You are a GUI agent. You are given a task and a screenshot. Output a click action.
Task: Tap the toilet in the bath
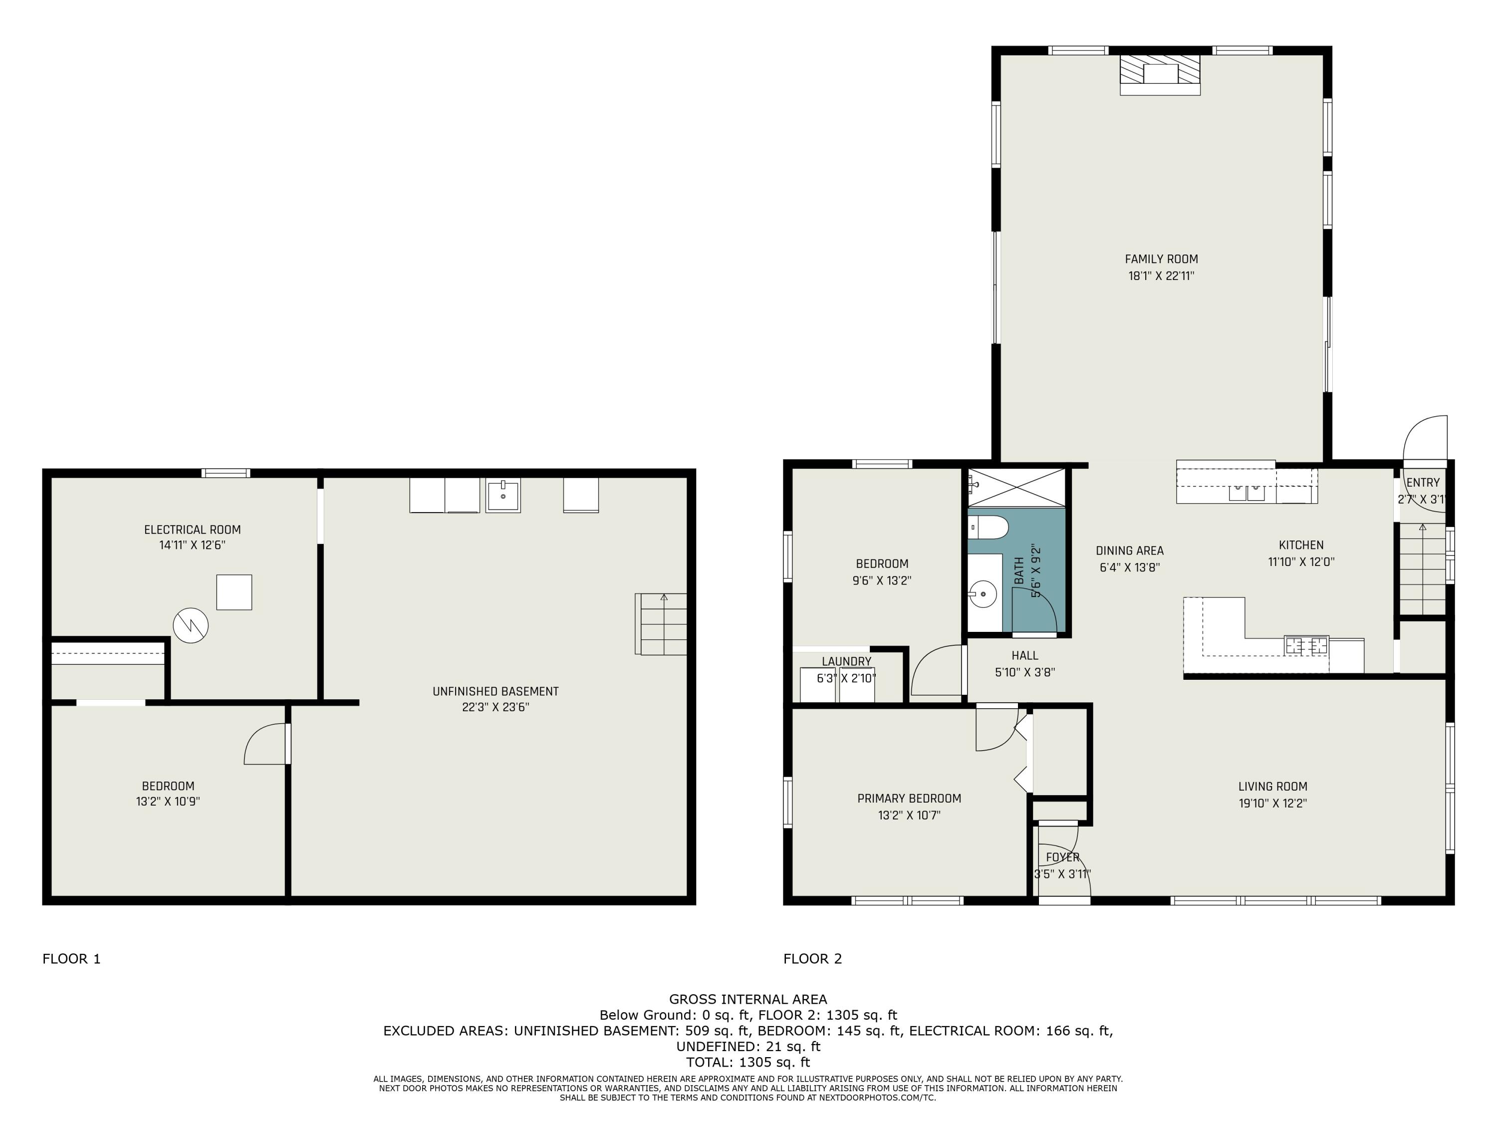tap(988, 526)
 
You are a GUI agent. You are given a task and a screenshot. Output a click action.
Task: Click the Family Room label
tap(1161, 259)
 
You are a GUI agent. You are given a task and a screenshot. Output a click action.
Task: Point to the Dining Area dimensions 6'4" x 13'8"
tap(1130, 568)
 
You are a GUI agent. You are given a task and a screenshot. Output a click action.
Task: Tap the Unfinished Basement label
tap(496, 691)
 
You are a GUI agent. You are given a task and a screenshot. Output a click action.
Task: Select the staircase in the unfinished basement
tap(661, 623)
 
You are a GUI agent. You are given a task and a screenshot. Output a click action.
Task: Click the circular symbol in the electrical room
tap(191, 625)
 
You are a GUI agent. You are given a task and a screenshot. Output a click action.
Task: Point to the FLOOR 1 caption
tap(72, 958)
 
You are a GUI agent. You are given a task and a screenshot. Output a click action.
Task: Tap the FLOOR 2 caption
tap(813, 958)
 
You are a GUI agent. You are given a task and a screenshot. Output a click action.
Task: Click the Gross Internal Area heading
tap(748, 999)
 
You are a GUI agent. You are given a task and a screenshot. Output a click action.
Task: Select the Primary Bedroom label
tap(909, 798)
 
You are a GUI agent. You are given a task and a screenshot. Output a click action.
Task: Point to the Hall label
tap(1024, 655)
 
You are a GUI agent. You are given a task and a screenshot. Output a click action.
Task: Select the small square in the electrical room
tap(234, 592)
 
